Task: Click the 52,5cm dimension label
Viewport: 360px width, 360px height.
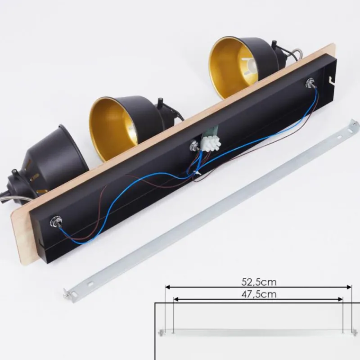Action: tap(259, 282)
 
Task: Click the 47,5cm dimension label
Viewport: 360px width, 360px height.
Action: tap(259, 294)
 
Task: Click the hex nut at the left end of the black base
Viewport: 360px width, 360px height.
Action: tap(55, 221)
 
